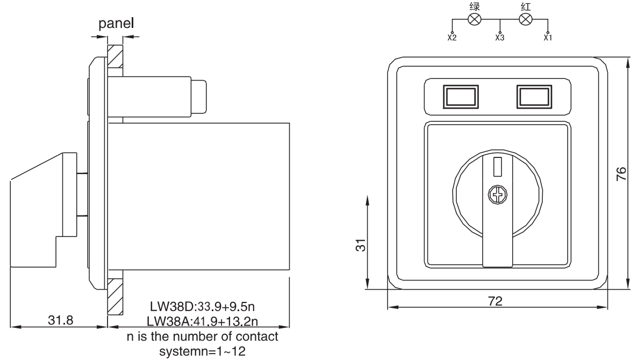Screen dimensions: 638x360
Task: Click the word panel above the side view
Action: pyautogui.click(x=116, y=24)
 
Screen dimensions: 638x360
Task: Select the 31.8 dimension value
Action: pyautogui.click(x=61, y=320)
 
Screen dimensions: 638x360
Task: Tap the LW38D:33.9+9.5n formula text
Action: pyautogui.click(x=202, y=306)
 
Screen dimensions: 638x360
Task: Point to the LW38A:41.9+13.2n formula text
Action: pyautogui.click(x=202, y=321)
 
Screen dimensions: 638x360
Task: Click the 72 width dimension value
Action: pyautogui.click(x=495, y=301)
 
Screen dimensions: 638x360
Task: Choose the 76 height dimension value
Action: pyautogui.click(x=621, y=174)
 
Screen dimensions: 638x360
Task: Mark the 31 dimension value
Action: pyautogui.click(x=361, y=245)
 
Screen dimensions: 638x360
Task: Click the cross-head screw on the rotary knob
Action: pyautogui.click(x=498, y=195)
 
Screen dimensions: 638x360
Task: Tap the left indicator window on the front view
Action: pyautogui.click(x=461, y=97)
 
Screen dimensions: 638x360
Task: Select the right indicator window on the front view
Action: pyautogui.click(x=534, y=97)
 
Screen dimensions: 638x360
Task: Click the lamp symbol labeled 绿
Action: pyautogui.click(x=475, y=19)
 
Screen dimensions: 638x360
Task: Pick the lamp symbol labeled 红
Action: pyautogui.click(x=526, y=19)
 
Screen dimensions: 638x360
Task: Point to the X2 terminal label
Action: pyautogui.click(x=452, y=38)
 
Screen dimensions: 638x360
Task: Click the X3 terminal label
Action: pyautogui.click(x=500, y=38)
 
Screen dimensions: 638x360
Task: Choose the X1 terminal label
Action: pyautogui.click(x=548, y=38)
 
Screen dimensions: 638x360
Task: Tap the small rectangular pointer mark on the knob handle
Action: pyautogui.click(x=498, y=167)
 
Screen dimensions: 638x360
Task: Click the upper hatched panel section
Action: pyautogui.click(x=115, y=56)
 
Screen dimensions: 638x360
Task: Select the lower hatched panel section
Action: pyautogui.click(x=115, y=296)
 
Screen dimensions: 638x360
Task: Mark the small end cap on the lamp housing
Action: pyautogui.click(x=199, y=97)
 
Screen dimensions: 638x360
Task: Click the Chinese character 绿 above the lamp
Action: pyautogui.click(x=475, y=6)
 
